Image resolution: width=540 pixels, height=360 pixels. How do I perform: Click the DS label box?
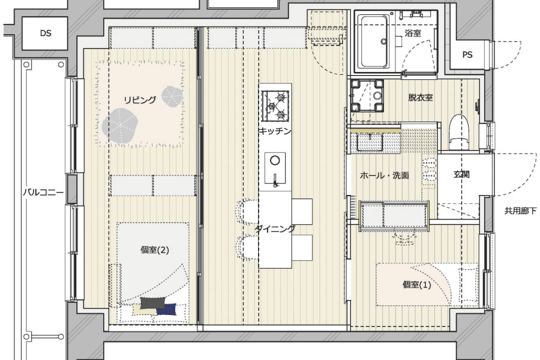click(46, 34)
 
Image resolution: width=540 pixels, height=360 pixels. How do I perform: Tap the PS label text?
click(467, 55)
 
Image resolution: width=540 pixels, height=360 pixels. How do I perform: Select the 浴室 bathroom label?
click(413, 33)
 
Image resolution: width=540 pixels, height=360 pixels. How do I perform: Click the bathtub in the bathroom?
click(374, 41)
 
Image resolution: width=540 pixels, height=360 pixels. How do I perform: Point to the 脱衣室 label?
click(421, 97)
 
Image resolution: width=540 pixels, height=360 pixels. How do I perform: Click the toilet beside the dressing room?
click(460, 132)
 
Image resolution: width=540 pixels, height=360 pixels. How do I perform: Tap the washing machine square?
click(367, 96)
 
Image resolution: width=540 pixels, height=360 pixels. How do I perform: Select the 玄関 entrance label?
click(461, 175)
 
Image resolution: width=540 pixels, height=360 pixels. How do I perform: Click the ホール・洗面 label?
click(385, 175)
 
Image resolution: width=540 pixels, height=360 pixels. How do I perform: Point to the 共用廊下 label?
click(520, 211)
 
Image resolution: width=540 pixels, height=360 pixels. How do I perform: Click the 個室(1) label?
click(417, 285)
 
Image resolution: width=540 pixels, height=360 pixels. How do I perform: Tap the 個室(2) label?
click(155, 250)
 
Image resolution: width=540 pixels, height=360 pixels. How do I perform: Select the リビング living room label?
click(140, 100)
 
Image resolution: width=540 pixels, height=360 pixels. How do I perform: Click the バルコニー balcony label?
click(43, 192)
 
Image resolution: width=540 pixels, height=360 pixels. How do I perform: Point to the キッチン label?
click(275, 131)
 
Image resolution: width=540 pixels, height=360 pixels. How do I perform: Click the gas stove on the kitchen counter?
click(275, 106)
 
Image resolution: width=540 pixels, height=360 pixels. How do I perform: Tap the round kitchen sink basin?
click(275, 160)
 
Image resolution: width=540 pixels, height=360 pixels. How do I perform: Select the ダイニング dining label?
click(275, 229)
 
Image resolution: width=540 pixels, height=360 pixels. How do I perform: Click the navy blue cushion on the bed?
click(167, 310)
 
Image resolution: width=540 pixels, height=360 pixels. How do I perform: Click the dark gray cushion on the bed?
click(152, 303)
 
